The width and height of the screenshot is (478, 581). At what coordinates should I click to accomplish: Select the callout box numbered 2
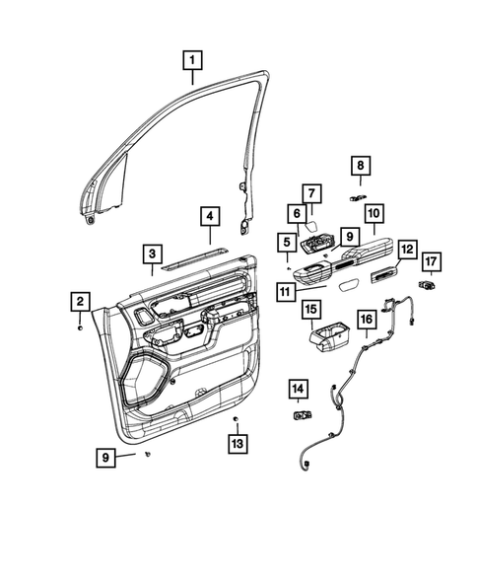[x=80, y=301]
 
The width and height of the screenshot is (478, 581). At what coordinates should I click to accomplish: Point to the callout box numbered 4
[x=210, y=216]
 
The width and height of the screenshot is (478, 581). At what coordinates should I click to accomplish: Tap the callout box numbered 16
[x=365, y=320]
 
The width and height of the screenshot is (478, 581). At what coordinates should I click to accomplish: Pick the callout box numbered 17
[x=431, y=261]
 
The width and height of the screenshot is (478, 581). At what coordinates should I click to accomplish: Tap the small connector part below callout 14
[x=299, y=415]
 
